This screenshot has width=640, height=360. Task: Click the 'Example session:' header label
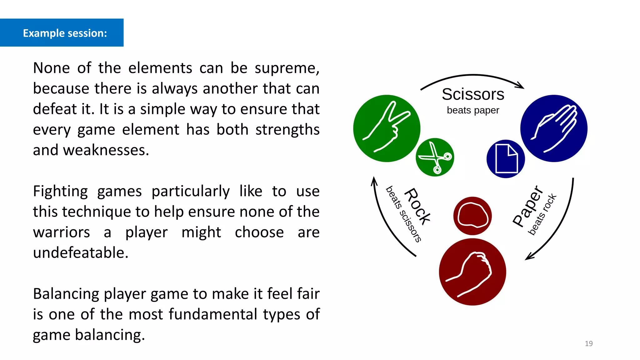[x=65, y=33]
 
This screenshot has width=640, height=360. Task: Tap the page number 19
[x=588, y=343]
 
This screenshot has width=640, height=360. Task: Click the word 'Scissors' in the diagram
[x=473, y=94]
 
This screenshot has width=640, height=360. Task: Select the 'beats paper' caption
[x=473, y=110]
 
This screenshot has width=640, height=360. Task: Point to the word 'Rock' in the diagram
[x=417, y=206]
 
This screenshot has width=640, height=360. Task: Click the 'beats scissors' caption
[x=403, y=214]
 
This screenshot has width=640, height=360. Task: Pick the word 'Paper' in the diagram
[x=528, y=206]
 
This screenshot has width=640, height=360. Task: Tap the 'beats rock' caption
[x=542, y=214]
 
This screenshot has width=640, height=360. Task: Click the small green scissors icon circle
[x=435, y=157]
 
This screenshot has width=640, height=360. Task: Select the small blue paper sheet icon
[x=506, y=159]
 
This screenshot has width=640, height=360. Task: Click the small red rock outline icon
[x=472, y=216]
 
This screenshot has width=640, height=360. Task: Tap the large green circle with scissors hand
[x=387, y=128]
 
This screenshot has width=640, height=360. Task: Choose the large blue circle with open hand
[x=554, y=128]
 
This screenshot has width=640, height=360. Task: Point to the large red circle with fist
[x=472, y=272]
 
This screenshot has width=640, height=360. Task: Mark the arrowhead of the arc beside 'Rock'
[x=374, y=181]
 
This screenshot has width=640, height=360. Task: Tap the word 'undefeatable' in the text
[x=81, y=252]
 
